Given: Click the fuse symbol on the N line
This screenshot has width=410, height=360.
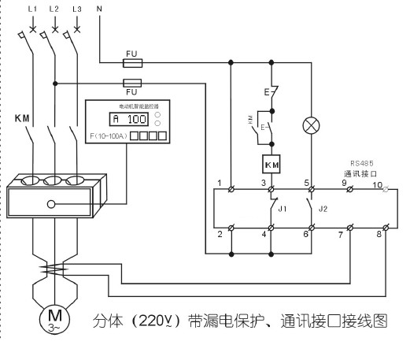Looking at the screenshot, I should pyautogui.click(x=133, y=61).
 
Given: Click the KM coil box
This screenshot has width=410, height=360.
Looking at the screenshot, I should pyautogui.click(x=272, y=164).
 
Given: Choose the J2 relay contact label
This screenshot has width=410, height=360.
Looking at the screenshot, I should pyautogui.click(x=322, y=209).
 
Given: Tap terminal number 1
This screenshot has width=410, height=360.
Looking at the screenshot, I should pyautogui.click(x=219, y=183).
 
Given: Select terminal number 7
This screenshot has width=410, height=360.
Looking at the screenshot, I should pyautogui.click(x=339, y=236).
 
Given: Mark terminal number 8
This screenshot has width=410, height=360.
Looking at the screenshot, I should pyautogui.click(x=379, y=236).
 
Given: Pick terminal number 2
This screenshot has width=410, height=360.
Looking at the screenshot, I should pyautogui.click(x=219, y=235).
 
